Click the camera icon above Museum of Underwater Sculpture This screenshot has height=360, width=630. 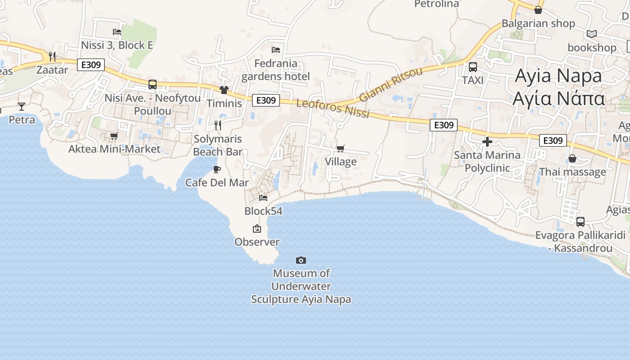tap(301, 260)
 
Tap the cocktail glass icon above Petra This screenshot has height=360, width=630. tap(22, 106)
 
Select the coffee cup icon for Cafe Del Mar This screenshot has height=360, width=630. tap(217, 169)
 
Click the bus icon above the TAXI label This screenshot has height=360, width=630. tap(473, 67)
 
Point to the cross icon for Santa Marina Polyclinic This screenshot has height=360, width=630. tap(487, 142)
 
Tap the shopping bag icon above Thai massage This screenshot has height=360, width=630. tap(572, 158)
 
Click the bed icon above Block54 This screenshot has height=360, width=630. tap(263, 197)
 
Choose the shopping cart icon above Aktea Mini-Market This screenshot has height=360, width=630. tap(114, 135)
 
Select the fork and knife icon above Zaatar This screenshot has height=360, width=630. tap(52, 56)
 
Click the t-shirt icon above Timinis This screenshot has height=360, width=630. tap(224, 90)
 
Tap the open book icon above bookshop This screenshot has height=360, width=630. tap(592, 34)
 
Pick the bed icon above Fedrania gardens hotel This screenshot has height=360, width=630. tap(276, 49)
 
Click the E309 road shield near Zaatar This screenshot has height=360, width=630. tap(91, 65)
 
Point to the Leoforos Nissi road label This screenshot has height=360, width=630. tap(333, 108)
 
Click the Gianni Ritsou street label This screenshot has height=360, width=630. tap(391, 85)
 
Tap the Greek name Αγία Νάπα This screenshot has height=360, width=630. tap(558, 99)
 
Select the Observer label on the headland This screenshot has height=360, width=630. tap(257, 242)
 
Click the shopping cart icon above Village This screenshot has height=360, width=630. tap(341, 148)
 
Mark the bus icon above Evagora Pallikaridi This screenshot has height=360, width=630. tap(580, 221)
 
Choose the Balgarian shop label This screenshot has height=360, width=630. tap(538, 23)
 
